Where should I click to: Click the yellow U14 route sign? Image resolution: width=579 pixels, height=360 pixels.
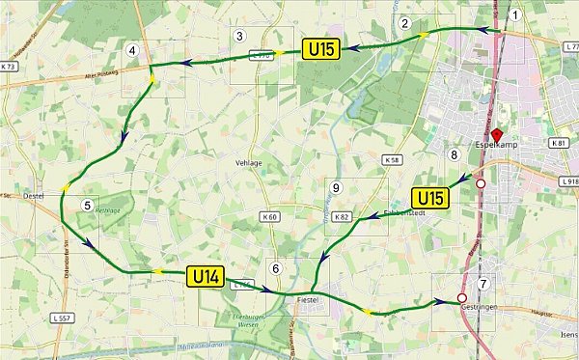click(x=207, y=277)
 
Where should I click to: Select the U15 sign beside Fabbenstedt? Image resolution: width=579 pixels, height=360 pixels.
click(x=431, y=199)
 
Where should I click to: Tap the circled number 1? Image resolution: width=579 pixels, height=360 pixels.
click(x=516, y=14)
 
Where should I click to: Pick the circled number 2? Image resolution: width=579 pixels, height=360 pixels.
click(x=405, y=23)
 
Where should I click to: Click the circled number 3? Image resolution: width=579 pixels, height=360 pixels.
click(x=239, y=37)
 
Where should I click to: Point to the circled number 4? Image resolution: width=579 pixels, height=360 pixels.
click(x=132, y=50)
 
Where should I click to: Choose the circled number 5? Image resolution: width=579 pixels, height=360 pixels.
click(x=87, y=205)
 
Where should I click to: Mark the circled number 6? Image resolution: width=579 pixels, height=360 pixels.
click(x=276, y=268)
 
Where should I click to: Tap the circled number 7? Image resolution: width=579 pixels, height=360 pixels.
click(x=483, y=284)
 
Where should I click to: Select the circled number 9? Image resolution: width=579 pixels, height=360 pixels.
click(x=336, y=187)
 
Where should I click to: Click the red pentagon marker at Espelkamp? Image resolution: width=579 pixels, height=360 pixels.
click(x=497, y=136)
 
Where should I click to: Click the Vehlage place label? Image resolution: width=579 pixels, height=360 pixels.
click(x=249, y=163)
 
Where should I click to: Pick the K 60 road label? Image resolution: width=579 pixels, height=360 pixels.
click(x=270, y=217)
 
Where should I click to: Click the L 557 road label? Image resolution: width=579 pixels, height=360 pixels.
click(x=62, y=318)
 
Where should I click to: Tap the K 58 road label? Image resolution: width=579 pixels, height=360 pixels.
click(x=391, y=159)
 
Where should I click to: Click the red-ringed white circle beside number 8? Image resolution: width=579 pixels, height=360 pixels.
click(x=480, y=182)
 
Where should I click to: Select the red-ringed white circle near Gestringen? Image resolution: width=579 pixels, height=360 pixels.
click(x=461, y=297)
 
